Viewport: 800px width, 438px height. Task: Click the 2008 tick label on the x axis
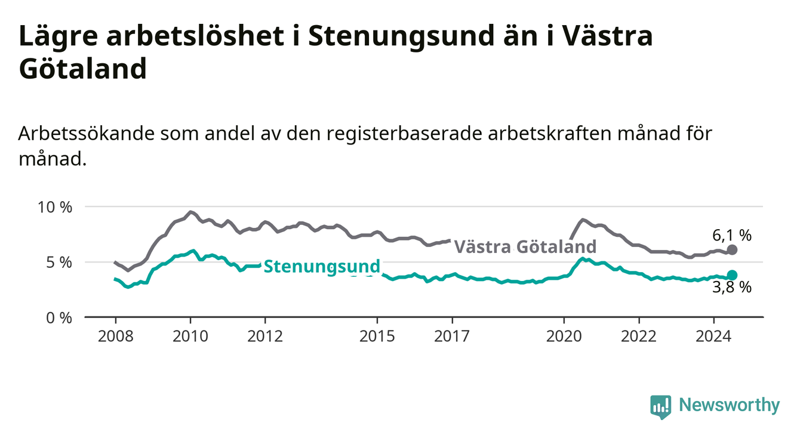115,337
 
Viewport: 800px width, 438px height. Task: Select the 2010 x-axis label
190,337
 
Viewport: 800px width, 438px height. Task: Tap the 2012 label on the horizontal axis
265,337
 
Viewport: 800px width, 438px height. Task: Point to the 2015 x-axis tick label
377,337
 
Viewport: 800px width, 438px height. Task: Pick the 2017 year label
452,337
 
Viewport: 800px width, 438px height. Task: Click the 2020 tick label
564,337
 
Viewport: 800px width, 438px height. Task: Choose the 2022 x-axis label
639,337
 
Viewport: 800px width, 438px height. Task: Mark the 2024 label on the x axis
713,337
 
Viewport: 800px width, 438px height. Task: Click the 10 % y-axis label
55,208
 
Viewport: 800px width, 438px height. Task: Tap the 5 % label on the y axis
59,263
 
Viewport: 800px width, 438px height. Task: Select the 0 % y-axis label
59,318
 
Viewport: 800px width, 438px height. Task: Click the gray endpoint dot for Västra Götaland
732,250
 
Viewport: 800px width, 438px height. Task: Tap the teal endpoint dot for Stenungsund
732,275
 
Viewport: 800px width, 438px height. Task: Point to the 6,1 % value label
732,235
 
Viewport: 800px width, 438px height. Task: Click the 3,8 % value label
732,288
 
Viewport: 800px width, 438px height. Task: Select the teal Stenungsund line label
322,267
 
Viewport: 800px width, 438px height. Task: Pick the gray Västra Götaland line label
525,246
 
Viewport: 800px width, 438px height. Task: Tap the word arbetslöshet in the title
195,36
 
